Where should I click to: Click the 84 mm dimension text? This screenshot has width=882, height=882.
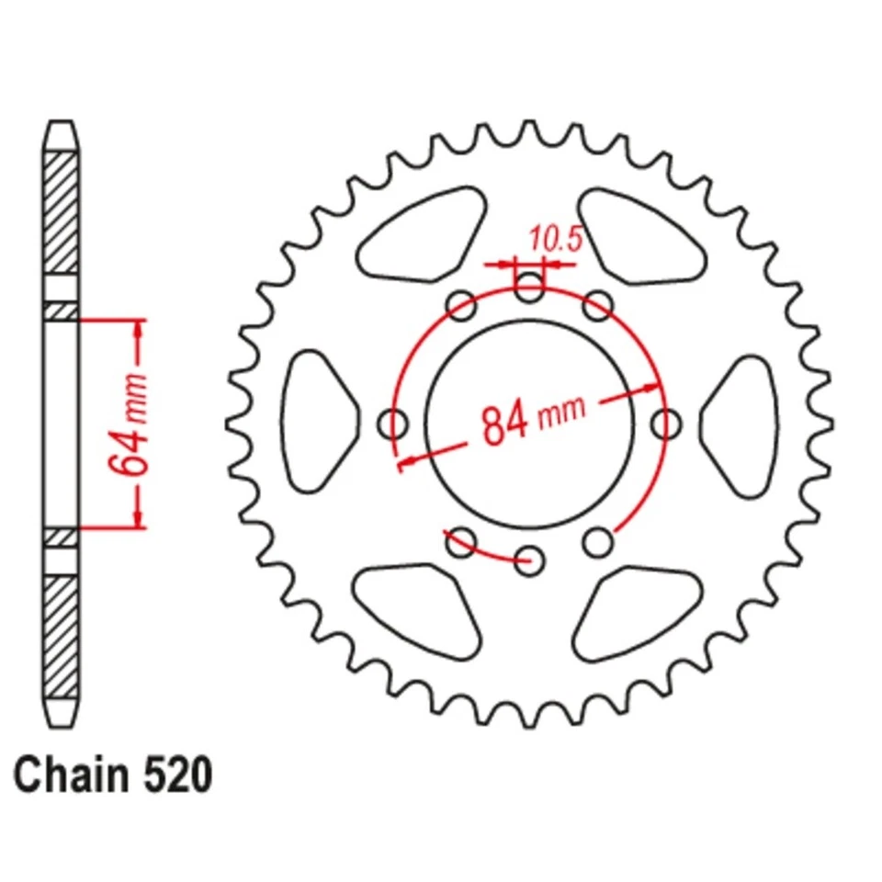tap(533, 418)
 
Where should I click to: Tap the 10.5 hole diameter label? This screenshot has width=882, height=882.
tap(555, 241)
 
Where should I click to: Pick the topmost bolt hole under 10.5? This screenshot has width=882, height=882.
tap(528, 287)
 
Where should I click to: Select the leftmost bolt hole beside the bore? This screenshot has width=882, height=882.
tap(394, 424)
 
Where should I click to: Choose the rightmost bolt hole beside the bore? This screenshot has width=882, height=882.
tap(665, 424)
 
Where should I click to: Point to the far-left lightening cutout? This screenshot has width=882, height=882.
tap(316, 424)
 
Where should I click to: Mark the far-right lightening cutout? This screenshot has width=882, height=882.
tap(741, 424)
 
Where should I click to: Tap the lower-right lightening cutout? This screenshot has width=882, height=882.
tap(639, 611)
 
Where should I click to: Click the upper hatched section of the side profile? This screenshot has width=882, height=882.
tap(61, 211)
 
